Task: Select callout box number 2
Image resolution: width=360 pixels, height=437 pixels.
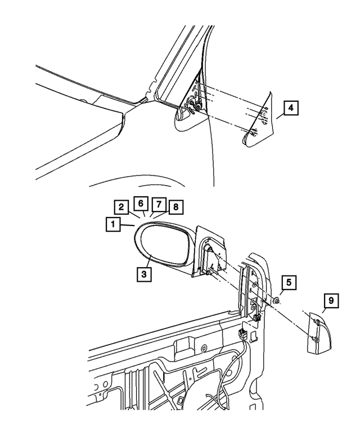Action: click(x=120, y=206)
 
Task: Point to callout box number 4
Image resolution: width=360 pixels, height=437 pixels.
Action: click(x=290, y=109)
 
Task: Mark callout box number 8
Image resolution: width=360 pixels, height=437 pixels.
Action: click(x=175, y=207)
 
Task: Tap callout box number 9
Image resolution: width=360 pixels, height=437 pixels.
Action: click(x=331, y=301)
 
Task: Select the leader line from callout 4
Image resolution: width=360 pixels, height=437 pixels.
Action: click(x=280, y=115)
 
